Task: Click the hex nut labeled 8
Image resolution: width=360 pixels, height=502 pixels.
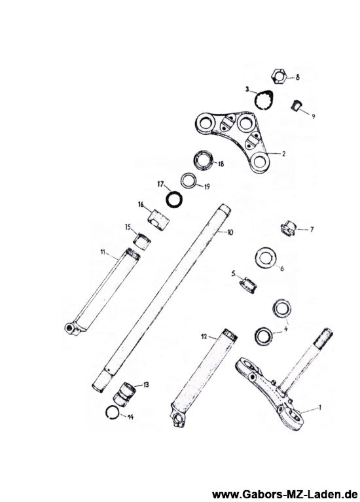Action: coord(278,77)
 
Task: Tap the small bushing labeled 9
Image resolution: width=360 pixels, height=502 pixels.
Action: coord(296,105)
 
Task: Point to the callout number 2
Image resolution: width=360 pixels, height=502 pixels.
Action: coord(283,153)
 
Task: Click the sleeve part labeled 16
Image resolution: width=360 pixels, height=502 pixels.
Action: coord(158,219)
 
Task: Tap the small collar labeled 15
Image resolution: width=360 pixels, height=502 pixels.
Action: coord(141,241)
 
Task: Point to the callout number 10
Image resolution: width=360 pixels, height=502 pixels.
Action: coord(230,232)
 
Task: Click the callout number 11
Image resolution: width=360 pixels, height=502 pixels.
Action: coord(103,252)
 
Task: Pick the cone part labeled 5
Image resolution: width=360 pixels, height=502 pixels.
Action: coord(249,283)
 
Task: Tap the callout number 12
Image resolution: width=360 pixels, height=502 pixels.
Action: coord(204,336)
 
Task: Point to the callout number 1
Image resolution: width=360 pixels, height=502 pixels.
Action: coord(319,408)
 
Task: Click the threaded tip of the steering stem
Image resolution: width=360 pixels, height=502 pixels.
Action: coord(323,338)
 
